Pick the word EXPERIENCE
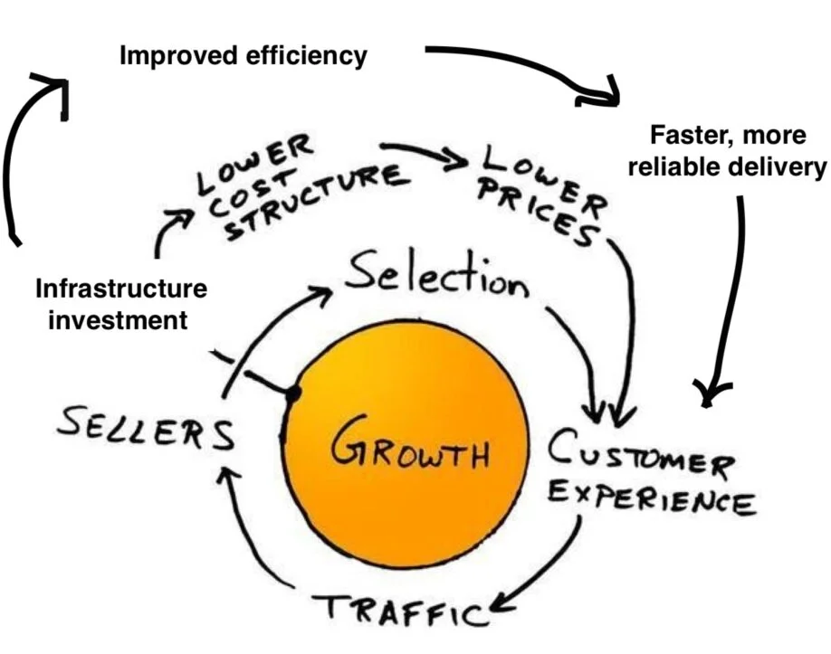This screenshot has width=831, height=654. pyautogui.click(x=652, y=496)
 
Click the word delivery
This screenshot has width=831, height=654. pyautogui.click(x=782, y=166)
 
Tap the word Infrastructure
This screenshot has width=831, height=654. pyautogui.click(x=120, y=289)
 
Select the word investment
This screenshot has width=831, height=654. pyautogui.click(x=112, y=319)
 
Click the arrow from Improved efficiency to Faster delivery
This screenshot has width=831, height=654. pyautogui.click(x=525, y=68)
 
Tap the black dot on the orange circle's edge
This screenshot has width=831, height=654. pyautogui.click(x=292, y=394)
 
